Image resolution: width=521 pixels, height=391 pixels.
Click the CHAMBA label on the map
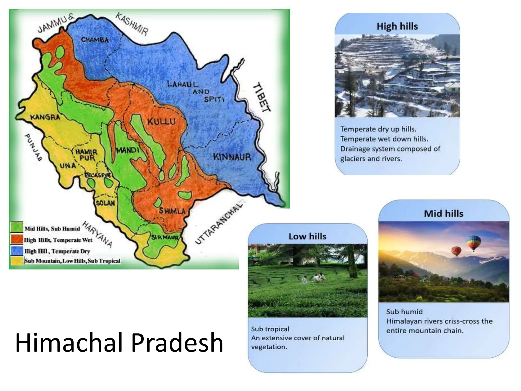[95, 40]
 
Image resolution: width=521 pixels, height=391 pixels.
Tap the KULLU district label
[162, 121]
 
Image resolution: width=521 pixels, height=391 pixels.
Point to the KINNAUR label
[232, 157]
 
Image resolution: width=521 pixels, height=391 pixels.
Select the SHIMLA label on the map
[172, 211]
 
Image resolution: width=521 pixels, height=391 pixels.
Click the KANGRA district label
[45, 117]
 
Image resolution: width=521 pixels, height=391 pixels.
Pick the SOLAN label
[105, 203]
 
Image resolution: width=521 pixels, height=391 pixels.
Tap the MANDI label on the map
[128, 150]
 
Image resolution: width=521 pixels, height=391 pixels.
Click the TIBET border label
[261, 97]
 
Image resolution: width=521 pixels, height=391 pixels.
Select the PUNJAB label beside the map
[33, 147]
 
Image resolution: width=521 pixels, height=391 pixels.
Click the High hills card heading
[397, 26]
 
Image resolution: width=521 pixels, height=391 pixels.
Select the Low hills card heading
[307, 236]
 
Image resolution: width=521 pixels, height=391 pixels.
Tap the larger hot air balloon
[473, 242]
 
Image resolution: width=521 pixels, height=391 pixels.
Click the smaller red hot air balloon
[456, 251]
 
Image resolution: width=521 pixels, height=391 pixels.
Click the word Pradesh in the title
[177, 342]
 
